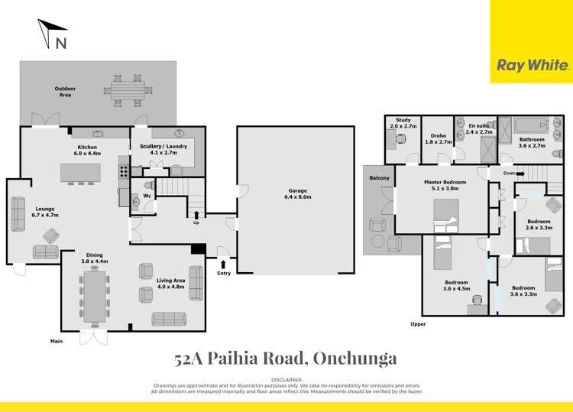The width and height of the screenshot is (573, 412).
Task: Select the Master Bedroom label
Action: coord(445,182)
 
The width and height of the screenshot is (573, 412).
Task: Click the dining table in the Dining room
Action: coord(95,295)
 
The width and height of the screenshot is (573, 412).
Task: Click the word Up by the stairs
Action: coord(197,224)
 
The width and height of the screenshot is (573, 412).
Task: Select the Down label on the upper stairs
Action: coord(509,174)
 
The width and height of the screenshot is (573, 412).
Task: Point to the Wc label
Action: coord(147,196)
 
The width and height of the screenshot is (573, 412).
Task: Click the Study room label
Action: coord(403,120)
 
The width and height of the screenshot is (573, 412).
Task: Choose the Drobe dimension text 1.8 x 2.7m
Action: coord(439,141)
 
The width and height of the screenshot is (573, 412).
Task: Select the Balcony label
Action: coord(380,178)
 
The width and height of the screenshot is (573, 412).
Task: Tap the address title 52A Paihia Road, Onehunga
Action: coord(286,358)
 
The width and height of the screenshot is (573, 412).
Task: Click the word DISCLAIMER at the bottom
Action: coord(286,379)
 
